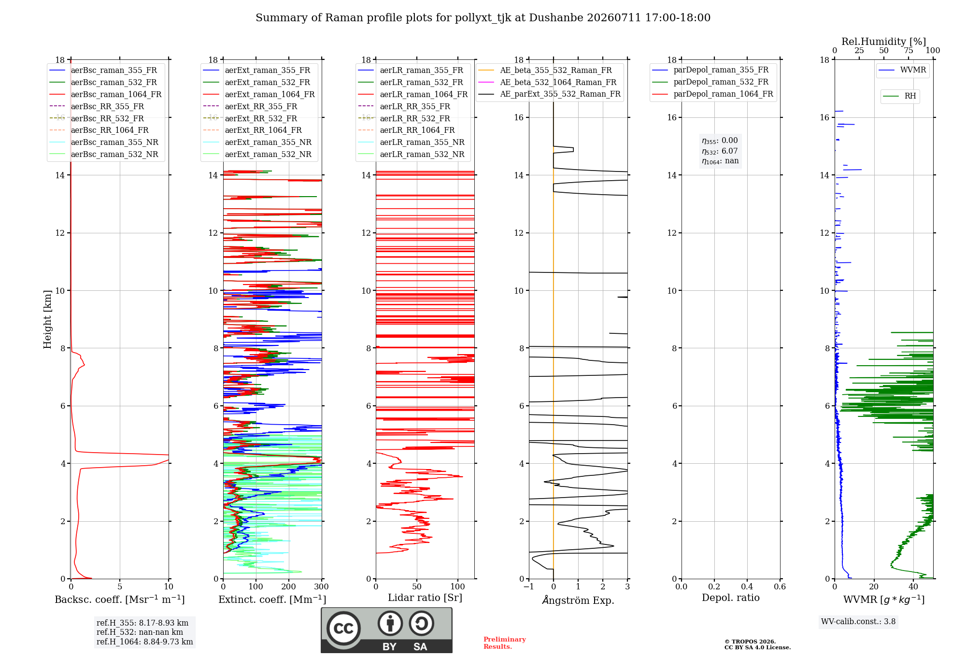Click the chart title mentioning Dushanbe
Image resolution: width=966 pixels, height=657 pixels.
pyautogui.click(x=483, y=18)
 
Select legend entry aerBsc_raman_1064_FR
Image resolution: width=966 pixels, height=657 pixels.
pyautogui.click(x=116, y=94)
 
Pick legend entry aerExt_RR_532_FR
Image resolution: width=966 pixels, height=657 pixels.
pyautogui.click(x=261, y=118)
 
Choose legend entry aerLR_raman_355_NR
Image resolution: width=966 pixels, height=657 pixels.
pyautogui.click(x=422, y=142)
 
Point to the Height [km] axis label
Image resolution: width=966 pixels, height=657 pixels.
pyautogui.click(x=47, y=319)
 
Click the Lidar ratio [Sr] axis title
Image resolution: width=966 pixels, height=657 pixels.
pyautogui.click(x=425, y=598)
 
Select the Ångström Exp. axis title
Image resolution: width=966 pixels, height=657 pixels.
pyautogui.click(x=578, y=600)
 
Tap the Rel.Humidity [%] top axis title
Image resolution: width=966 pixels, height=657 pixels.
pyautogui.click(x=884, y=42)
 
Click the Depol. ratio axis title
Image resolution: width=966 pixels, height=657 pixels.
pyautogui.click(x=731, y=598)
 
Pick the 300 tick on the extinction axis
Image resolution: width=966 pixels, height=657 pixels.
pyautogui.click(x=321, y=586)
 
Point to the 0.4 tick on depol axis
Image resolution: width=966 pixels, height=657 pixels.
pyautogui.click(x=747, y=586)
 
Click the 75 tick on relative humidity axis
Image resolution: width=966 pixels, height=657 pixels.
pyautogui.click(x=909, y=50)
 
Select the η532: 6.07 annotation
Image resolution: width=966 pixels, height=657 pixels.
pyautogui.click(x=720, y=151)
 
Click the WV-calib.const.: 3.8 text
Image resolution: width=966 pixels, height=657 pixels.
pyautogui.click(x=858, y=621)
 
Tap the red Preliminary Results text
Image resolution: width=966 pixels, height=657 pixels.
pyautogui.click(x=505, y=643)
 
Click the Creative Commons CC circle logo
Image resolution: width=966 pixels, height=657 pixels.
pyautogui.click(x=343, y=628)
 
